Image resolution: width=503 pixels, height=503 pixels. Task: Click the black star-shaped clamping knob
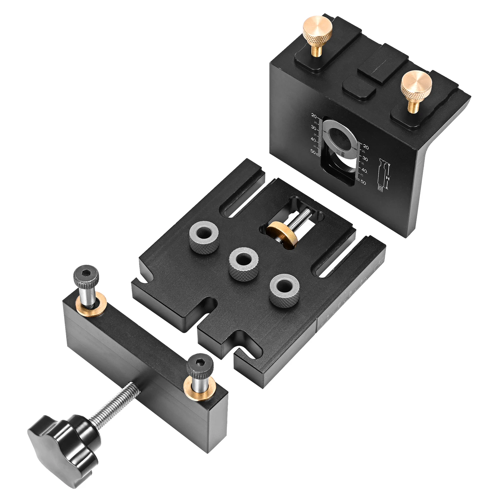point(63,440)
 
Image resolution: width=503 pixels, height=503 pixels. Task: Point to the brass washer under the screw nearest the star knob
point(200,388)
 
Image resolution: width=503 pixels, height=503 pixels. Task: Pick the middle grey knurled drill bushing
point(244,263)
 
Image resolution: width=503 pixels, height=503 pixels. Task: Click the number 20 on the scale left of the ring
point(314,116)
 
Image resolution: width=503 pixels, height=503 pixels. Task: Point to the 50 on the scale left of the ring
point(313,152)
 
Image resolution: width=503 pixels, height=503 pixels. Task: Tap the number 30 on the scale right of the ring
point(365,159)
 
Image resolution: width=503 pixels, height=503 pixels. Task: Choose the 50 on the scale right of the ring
point(363,182)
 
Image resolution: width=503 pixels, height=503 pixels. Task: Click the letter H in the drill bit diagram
point(388,178)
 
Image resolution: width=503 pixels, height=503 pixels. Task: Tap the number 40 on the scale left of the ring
point(313,139)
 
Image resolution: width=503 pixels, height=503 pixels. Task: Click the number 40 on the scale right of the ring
point(364,171)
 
